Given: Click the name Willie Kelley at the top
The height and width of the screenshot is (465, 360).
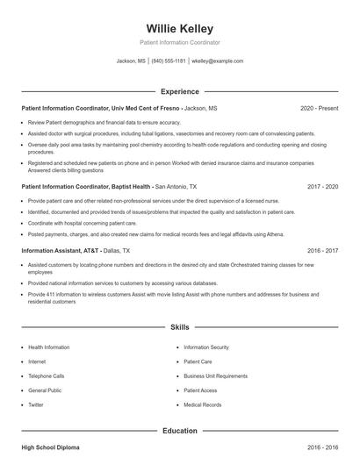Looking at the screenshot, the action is pyautogui.click(x=180, y=29).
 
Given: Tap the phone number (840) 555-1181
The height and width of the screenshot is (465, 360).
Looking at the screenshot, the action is pyautogui.click(x=169, y=61).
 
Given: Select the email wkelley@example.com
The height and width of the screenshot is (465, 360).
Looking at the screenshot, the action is pyautogui.click(x=217, y=61).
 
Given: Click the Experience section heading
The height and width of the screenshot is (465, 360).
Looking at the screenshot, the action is pyautogui.click(x=180, y=91).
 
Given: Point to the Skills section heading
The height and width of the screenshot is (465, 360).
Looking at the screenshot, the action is pyautogui.click(x=180, y=327).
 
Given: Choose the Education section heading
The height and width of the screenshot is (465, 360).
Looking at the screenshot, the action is pyautogui.click(x=180, y=431).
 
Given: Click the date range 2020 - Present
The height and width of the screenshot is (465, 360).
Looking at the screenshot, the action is pyautogui.click(x=319, y=108).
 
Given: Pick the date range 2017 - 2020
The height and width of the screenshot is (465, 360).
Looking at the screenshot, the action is pyautogui.click(x=322, y=187).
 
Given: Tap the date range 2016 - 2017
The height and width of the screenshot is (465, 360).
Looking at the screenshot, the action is pyautogui.click(x=322, y=250).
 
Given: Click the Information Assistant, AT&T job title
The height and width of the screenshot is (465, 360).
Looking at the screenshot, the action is pyautogui.click(x=56, y=250).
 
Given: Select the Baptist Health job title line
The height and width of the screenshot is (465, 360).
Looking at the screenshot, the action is pyautogui.click(x=86, y=187).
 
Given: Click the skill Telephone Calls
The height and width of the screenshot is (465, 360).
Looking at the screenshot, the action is pyautogui.click(x=47, y=376).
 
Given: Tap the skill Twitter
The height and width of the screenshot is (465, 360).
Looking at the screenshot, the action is pyautogui.click(x=36, y=404).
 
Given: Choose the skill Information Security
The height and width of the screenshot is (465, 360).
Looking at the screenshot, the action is pyautogui.click(x=206, y=347).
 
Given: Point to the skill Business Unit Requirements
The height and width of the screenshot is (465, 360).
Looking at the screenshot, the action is pyautogui.click(x=215, y=376).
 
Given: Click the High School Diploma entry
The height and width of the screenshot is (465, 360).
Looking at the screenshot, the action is pyautogui.click(x=52, y=447).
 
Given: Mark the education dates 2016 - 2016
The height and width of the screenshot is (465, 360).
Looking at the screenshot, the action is pyautogui.click(x=322, y=447).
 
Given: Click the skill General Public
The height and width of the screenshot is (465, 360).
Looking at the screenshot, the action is pyautogui.click(x=44, y=390).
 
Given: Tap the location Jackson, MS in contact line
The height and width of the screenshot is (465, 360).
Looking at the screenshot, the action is pyautogui.click(x=132, y=61).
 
